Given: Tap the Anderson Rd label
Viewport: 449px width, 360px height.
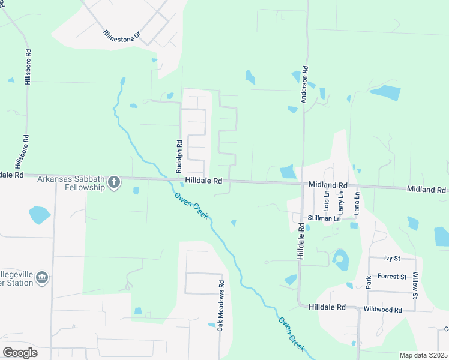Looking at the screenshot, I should pos(305,85).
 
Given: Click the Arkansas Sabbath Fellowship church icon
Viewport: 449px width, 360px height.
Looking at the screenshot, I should pos(114,183).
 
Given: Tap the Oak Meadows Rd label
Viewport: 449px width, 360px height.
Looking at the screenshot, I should pos(221,306).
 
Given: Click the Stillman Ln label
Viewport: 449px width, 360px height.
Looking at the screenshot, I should pos(324,218).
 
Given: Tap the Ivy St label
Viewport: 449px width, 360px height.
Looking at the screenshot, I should pos(392,258).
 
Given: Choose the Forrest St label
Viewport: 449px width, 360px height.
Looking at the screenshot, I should pos(392,277).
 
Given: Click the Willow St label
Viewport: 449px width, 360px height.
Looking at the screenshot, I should pos(415,284).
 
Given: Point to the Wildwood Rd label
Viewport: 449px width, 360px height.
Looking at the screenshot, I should pos(382,309).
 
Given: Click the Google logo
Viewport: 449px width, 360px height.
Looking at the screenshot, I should pos(20,353).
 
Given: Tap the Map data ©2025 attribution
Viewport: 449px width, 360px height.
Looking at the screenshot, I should pos(423,355).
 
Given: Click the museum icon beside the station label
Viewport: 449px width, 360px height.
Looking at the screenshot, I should pos(42,277).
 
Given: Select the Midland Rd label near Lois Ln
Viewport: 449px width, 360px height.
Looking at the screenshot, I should pos(328,185).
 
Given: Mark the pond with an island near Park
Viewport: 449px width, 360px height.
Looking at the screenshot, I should pos(340,260).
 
